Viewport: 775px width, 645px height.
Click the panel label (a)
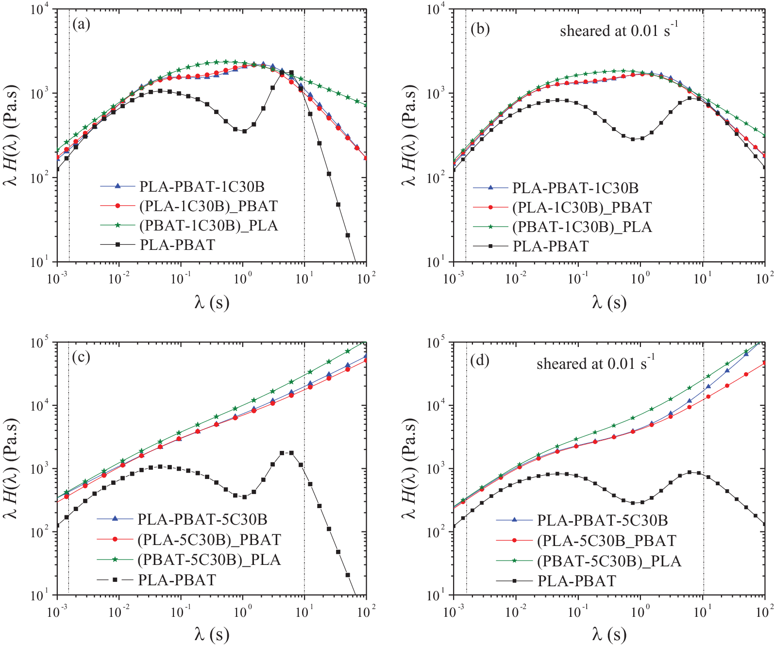point(81,24)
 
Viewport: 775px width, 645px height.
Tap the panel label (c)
point(81,357)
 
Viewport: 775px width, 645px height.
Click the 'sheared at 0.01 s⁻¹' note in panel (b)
point(619,30)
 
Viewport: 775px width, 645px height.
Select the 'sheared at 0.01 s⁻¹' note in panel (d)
point(595,363)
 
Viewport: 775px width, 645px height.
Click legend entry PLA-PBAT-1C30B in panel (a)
point(202,187)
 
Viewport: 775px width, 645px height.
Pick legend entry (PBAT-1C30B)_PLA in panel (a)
point(208,226)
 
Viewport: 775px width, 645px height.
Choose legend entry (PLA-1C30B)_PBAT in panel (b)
point(582,208)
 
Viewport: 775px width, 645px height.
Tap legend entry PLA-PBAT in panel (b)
point(551,247)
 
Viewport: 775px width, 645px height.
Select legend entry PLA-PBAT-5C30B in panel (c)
point(202,519)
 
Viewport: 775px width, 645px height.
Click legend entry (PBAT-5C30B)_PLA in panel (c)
point(209,560)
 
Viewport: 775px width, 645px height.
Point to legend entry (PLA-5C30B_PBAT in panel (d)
point(607,541)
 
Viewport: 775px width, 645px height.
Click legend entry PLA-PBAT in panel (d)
point(577,581)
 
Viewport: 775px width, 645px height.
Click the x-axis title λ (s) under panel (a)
point(212,303)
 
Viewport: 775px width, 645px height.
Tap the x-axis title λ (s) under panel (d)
point(609,634)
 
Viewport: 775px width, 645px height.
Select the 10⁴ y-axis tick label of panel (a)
point(39,9)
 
